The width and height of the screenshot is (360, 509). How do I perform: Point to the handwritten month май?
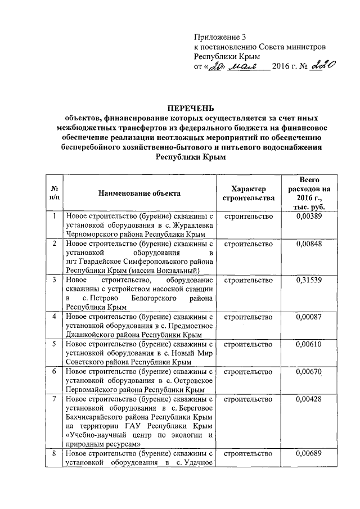tap(240, 66)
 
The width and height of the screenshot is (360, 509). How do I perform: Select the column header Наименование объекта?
tap(139, 193)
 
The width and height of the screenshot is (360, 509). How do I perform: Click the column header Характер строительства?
tap(248, 193)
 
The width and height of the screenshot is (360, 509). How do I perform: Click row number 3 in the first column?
tap(54, 280)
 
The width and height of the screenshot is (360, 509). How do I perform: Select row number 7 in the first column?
tap(54, 399)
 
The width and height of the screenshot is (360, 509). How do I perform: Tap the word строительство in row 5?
tap(248, 344)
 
